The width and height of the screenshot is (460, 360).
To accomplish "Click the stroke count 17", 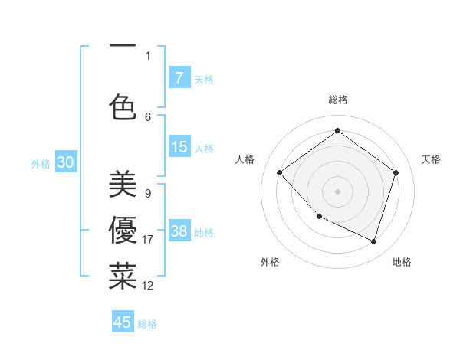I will [x=148, y=240].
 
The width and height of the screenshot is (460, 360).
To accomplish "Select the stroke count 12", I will [x=148, y=286].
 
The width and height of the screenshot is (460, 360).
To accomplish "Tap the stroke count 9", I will [x=147, y=193].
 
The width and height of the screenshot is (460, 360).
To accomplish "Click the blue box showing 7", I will [x=179, y=78].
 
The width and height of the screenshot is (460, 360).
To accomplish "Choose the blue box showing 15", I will [x=179, y=147].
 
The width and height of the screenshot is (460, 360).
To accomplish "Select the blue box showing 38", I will [x=179, y=231].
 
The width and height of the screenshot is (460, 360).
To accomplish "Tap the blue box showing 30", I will [x=65, y=162].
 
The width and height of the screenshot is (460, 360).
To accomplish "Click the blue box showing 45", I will [x=123, y=322].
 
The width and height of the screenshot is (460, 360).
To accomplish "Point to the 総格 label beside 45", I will [x=147, y=324].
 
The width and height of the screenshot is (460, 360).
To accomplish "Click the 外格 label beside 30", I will [x=41, y=164].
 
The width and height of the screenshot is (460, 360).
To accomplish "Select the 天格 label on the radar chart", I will [x=431, y=159].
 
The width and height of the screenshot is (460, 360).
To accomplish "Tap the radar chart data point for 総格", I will [x=337, y=131].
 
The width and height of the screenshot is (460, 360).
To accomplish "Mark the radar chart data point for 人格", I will [x=280, y=173].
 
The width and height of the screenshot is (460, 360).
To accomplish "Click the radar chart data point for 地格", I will [x=373, y=241].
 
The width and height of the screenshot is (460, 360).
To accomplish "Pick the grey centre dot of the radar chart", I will [x=337, y=191].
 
